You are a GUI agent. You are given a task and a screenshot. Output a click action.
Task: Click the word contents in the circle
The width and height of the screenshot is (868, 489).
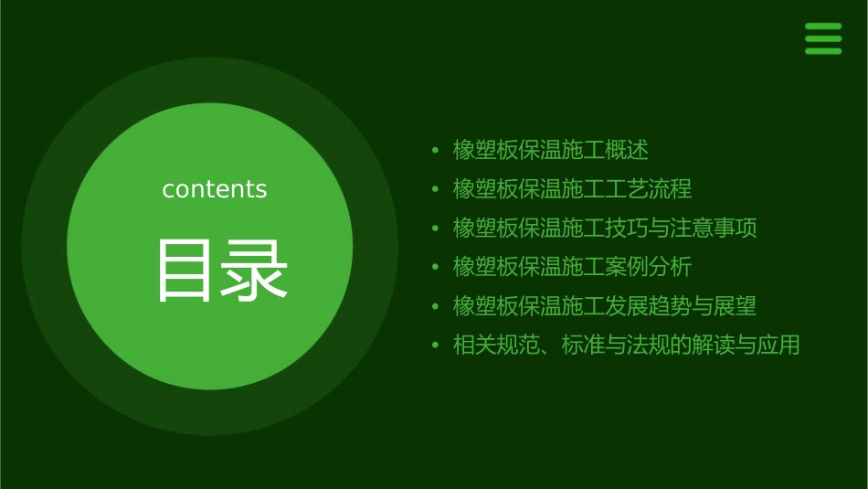[x=215, y=189]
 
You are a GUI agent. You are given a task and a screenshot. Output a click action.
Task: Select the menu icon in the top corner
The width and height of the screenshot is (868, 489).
[x=823, y=38]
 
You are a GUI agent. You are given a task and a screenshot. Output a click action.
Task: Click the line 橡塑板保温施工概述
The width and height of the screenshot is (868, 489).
[x=551, y=150]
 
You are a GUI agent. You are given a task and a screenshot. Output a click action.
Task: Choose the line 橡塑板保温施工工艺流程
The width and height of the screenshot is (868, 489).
[x=573, y=189]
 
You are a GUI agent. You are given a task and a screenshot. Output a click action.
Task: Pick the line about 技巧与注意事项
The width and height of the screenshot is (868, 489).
[x=605, y=228]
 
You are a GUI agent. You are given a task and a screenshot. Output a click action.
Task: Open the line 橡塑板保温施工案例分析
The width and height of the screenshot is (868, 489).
[x=573, y=267]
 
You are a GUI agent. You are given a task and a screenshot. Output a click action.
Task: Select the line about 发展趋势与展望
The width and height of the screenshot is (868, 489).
[x=605, y=306]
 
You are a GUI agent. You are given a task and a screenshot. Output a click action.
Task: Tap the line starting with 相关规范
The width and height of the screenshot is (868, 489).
[x=627, y=345]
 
